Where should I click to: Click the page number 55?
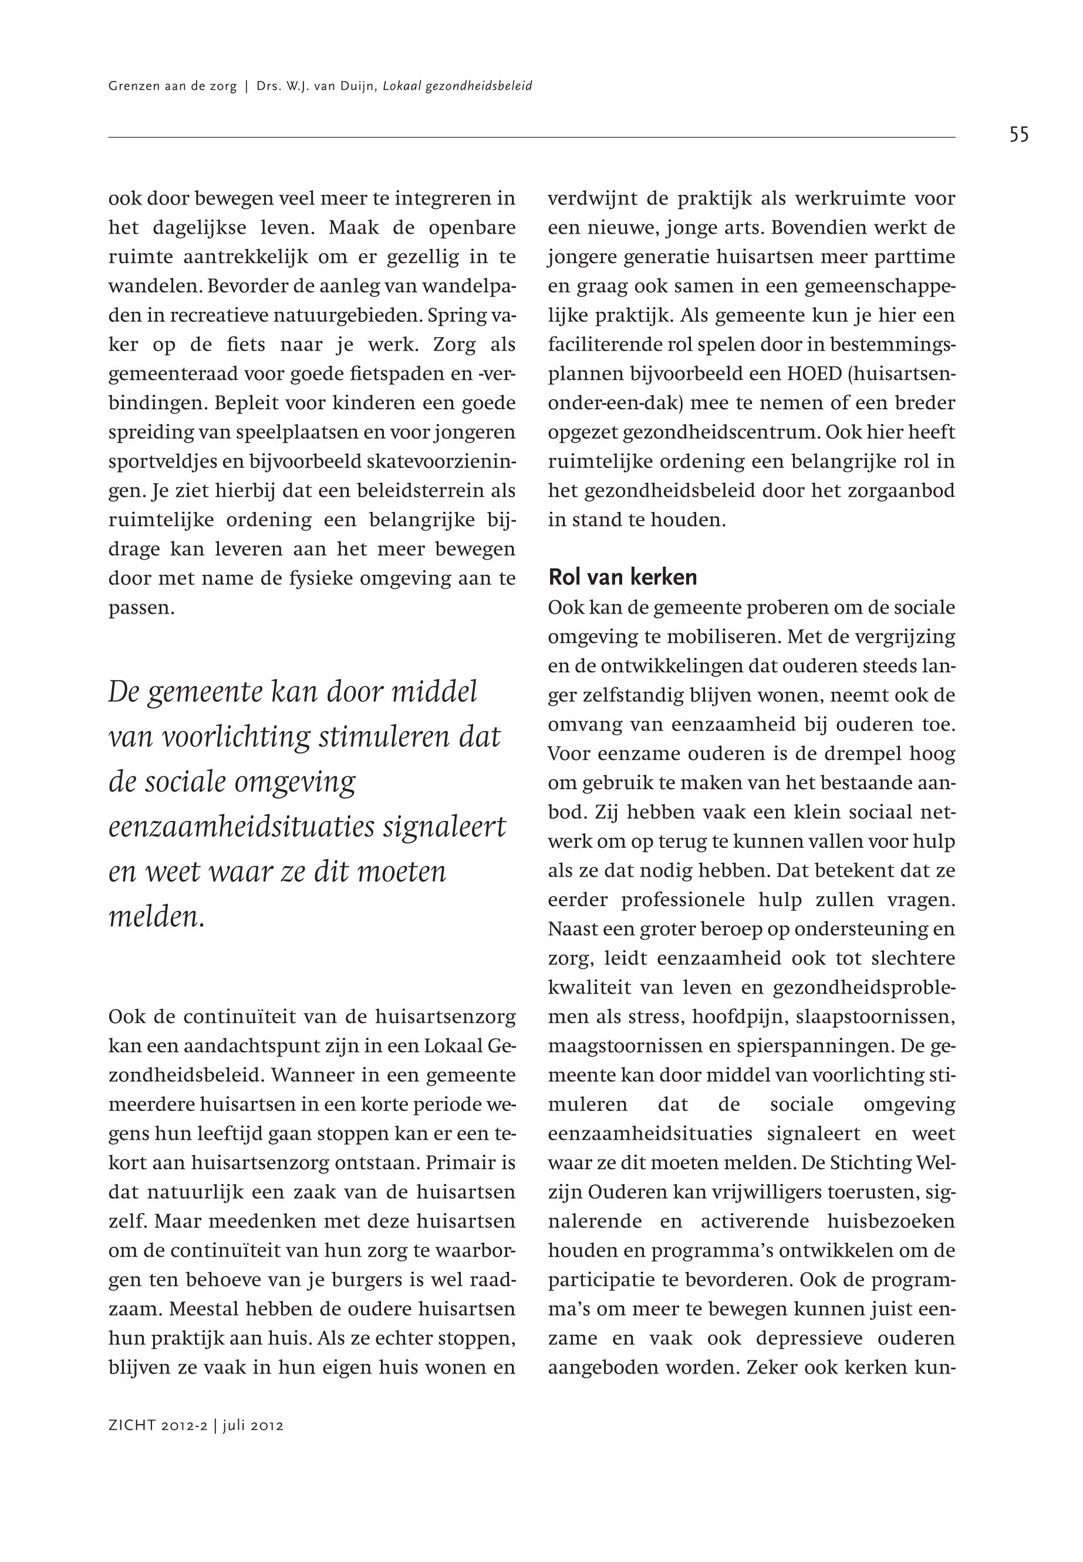(1018, 135)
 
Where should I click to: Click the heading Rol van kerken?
(622, 577)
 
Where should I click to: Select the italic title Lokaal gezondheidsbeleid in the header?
(457, 86)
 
